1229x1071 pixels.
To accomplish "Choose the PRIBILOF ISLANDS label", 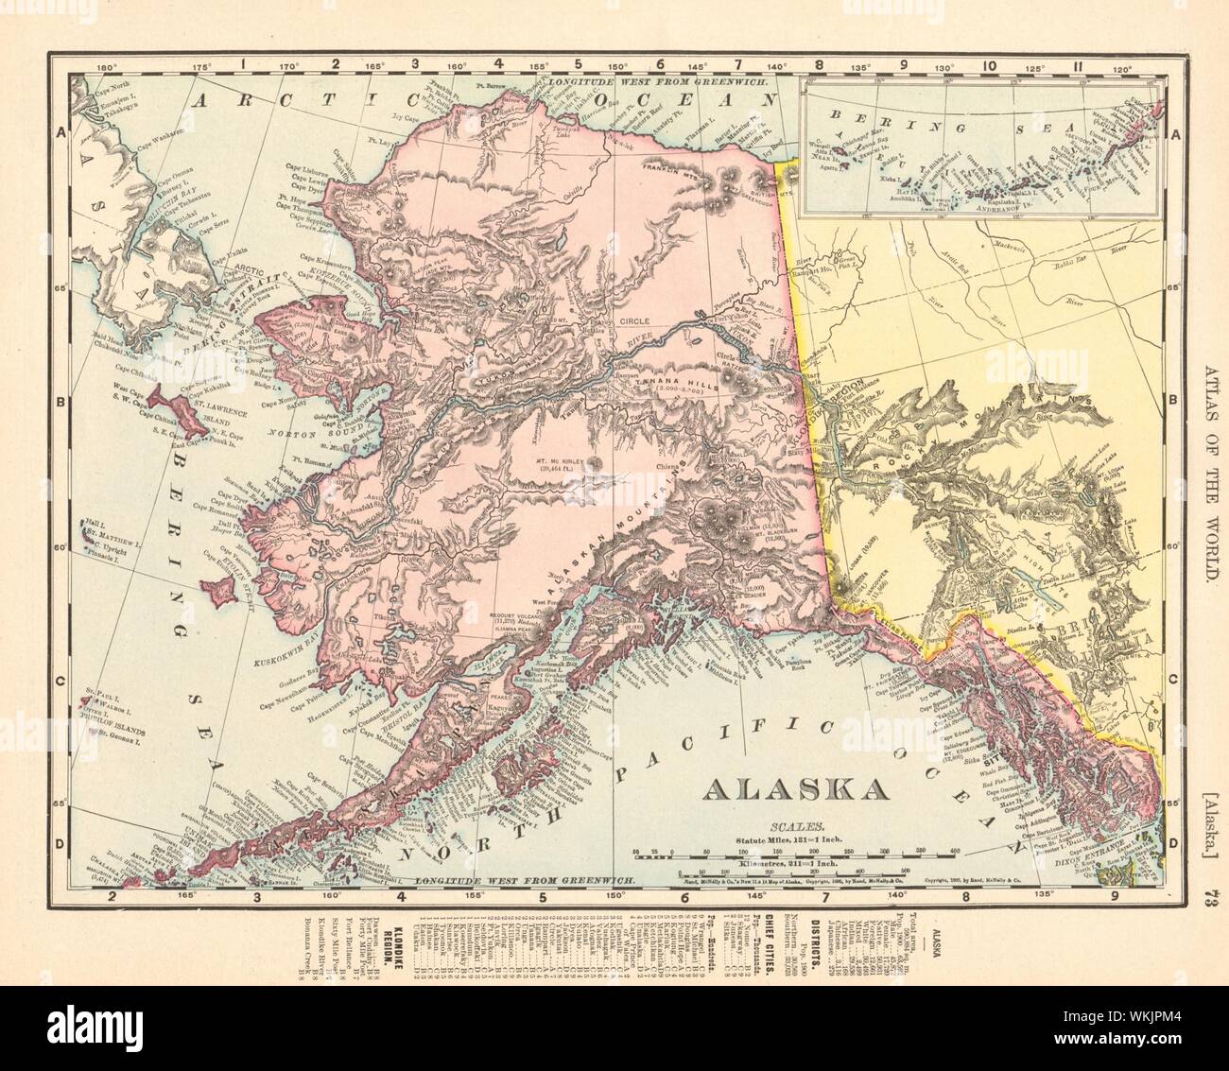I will [x=110, y=717].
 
